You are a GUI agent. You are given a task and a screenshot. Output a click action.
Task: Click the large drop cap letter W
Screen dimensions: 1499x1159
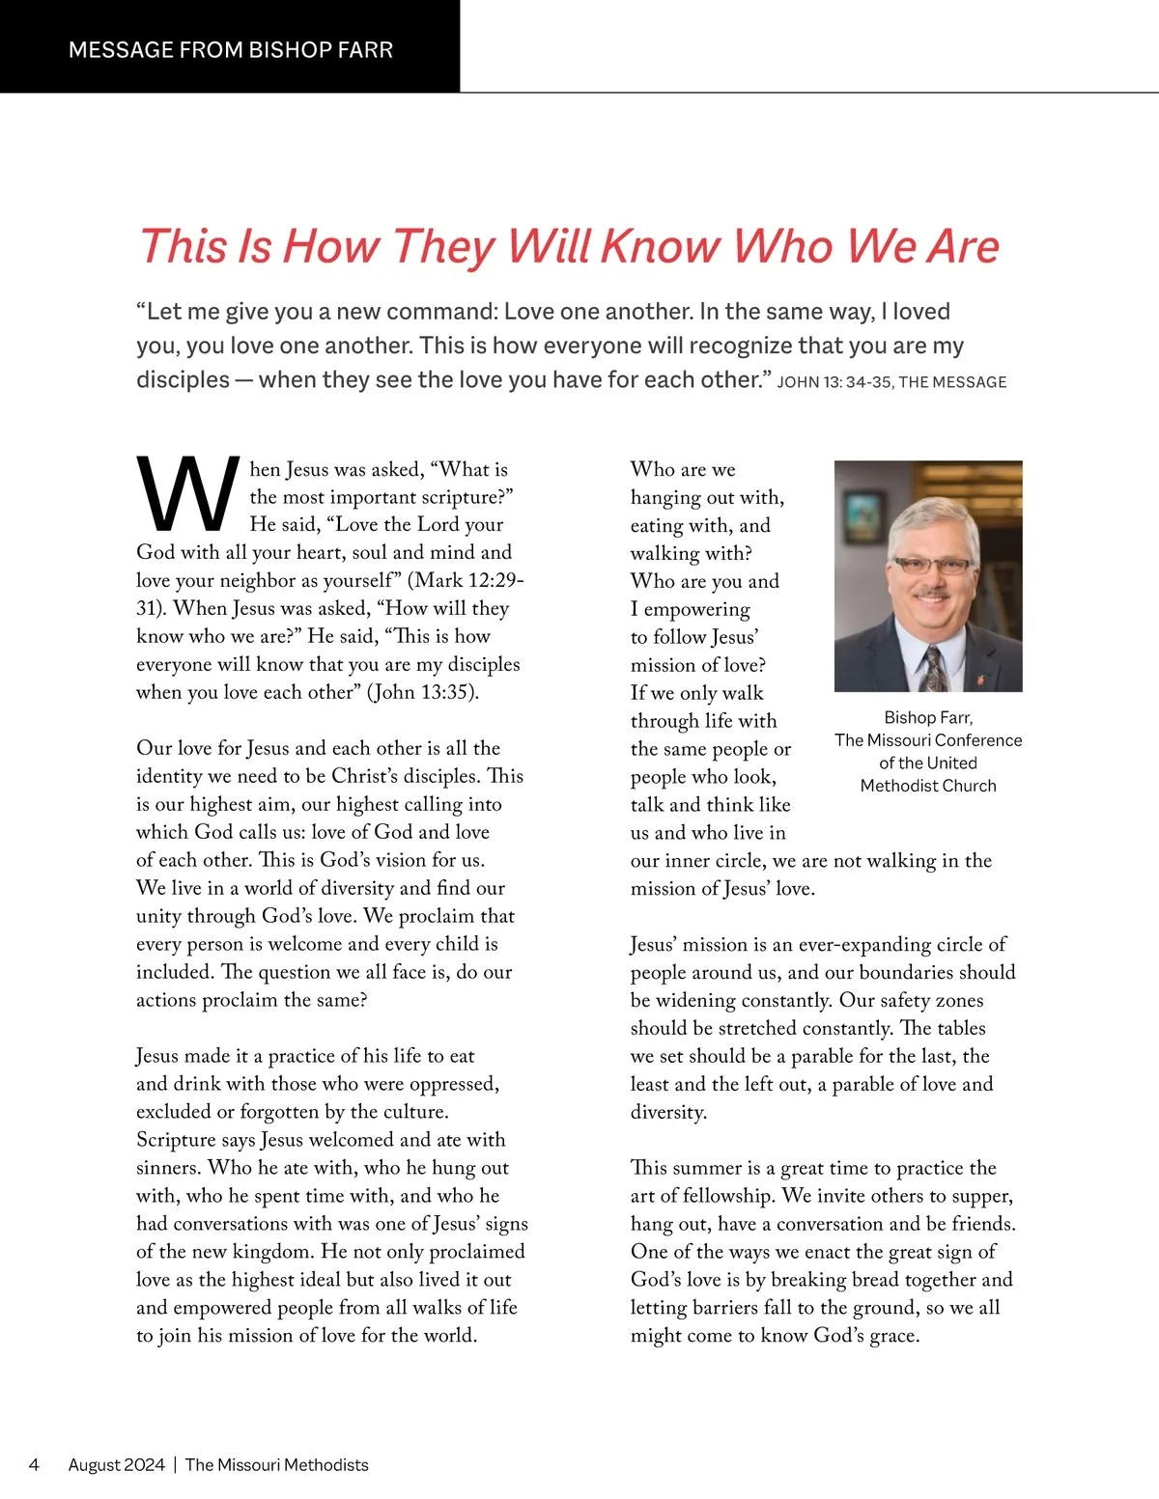click(x=188, y=495)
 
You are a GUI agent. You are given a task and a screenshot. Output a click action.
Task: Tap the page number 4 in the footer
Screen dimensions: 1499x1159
click(x=35, y=1464)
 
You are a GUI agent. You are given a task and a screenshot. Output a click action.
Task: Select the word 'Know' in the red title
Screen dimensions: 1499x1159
click(x=661, y=246)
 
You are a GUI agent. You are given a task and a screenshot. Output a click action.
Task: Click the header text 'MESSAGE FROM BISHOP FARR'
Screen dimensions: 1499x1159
click(x=231, y=50)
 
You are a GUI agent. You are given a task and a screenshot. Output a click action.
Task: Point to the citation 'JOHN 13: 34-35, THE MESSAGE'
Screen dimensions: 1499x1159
click(x=891, y=382)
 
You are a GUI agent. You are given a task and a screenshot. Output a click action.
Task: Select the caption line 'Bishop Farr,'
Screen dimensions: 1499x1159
click(x=928, y=717)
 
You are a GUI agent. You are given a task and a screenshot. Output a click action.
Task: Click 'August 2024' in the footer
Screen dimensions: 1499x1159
click(x=117, y=1464)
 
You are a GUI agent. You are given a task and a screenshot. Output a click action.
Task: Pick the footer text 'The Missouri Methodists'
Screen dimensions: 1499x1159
click(x=277, y=1464)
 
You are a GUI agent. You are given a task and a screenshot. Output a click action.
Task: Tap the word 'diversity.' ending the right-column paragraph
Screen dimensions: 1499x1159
click(x=668, y=1112)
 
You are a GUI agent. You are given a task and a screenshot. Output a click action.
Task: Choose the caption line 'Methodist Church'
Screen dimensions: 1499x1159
click(x=928, y=786)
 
